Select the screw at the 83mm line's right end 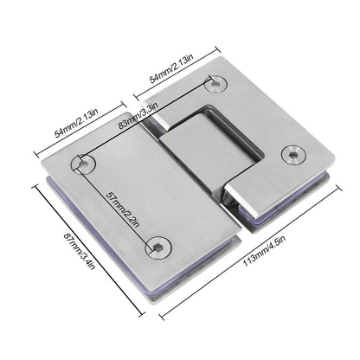point(213,85)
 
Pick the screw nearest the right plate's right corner point(296,155)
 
